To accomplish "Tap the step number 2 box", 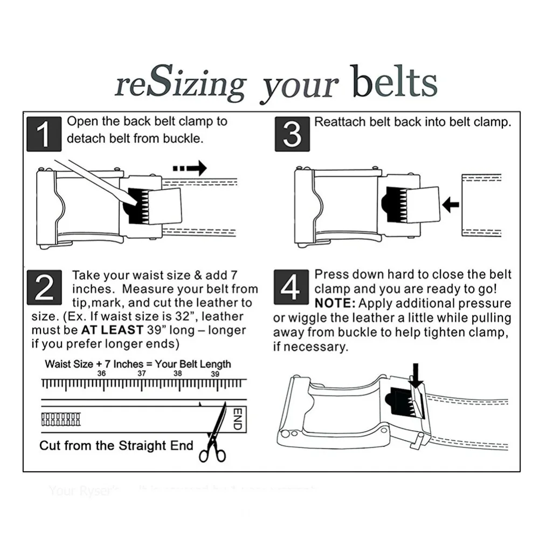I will point(44,289).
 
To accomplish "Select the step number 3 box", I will point(292,134).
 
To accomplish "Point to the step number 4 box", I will point(291,287).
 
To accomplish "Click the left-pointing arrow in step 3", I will point(450,204).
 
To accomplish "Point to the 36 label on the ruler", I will point(101,374).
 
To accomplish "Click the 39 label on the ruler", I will point(215,374).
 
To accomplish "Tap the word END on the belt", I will point(236,419).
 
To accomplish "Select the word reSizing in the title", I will point(180,84).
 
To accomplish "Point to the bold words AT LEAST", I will point(112,330).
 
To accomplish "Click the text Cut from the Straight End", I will point(116,446).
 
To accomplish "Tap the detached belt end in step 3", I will point(481,205).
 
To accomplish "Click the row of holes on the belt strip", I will point(61,419).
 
